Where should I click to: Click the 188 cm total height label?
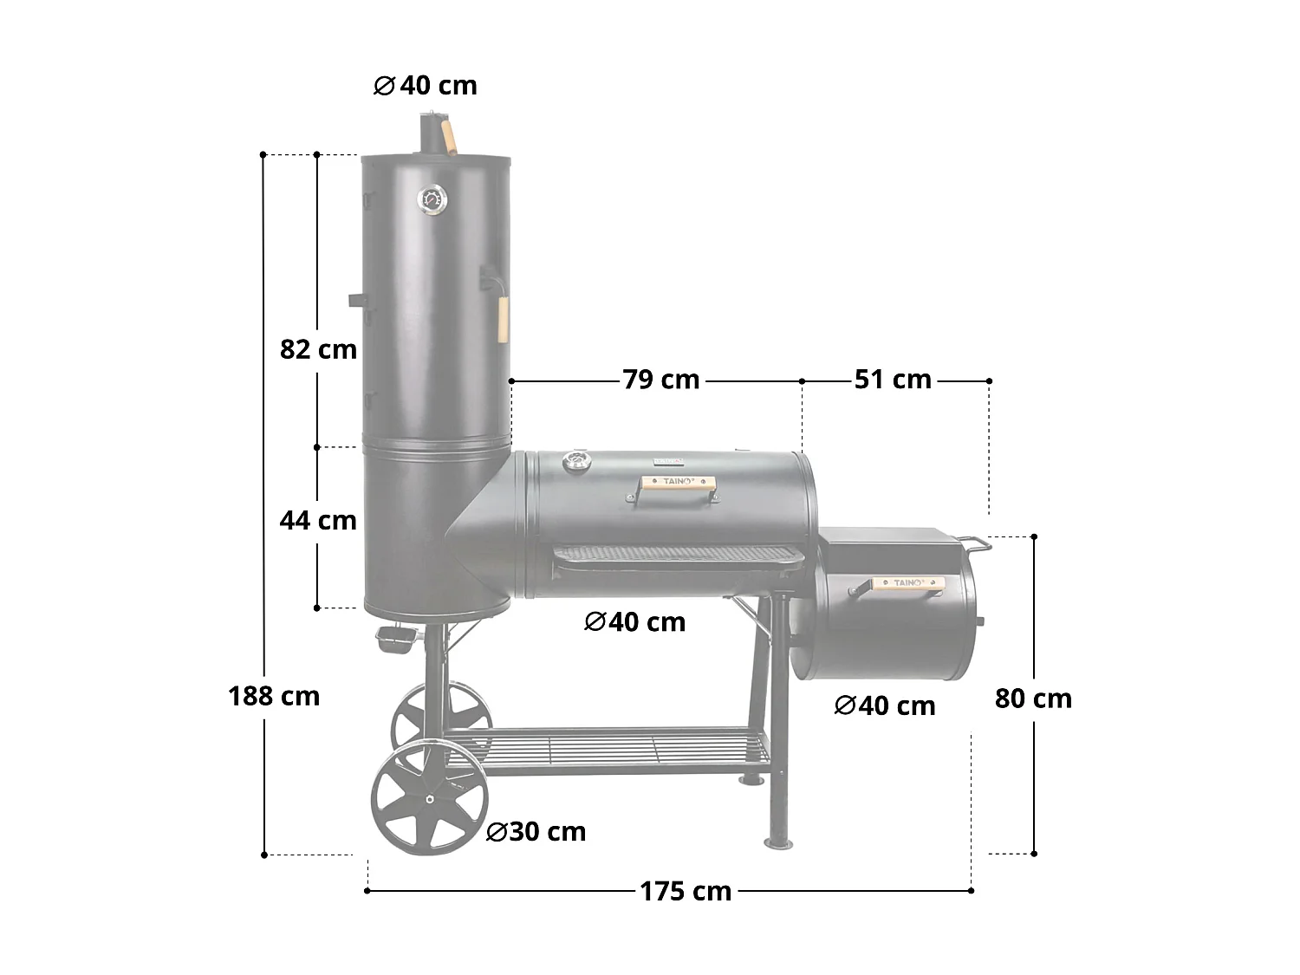(274, 696)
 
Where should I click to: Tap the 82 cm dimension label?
(318, 349)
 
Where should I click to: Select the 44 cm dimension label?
(318, 520)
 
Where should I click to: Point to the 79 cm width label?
(660, 380)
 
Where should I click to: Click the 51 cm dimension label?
(893, 380)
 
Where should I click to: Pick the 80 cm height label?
(1033, 699)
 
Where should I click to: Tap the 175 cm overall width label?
(686, 891)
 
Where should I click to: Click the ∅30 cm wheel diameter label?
(536, 832)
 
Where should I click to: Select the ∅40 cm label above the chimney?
(425, 86)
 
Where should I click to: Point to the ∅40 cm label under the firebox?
(884, 706)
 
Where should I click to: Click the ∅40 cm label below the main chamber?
(634, 622)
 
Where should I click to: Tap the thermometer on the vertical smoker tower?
(432, 199)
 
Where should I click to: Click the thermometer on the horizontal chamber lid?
(575, 461)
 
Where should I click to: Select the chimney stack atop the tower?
(431, 135)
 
